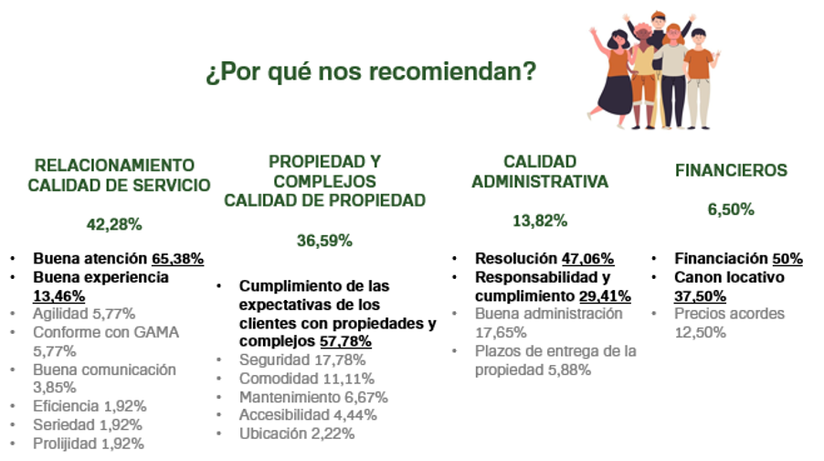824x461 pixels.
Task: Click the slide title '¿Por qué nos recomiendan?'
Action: pos(371,71)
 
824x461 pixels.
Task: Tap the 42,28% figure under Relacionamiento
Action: pos(114,225)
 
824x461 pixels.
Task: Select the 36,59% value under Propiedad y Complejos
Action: pos(324,241)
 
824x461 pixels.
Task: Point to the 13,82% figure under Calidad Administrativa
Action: pos(540,221)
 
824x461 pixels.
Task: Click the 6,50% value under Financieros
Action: pos(731,209)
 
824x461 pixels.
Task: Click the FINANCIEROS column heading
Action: pos(731,170)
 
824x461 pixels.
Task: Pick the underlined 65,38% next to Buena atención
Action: pos(177,259)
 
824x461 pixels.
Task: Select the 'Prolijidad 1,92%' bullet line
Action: pos(89,444)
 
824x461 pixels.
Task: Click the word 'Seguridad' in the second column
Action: pos(274,360)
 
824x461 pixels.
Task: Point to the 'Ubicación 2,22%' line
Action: pos(297,434)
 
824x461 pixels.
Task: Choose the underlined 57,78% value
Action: pos(346,341)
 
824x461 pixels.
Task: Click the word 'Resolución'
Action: pos(516,259)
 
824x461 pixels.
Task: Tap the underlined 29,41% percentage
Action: pos(605,296)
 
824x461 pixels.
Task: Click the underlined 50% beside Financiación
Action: pos(787,259)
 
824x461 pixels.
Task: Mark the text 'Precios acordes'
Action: pos(729,314)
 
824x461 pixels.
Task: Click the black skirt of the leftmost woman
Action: pos(616,95)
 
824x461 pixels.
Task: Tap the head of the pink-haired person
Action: pos(641,34)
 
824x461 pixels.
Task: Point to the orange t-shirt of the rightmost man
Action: pos(699,63)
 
